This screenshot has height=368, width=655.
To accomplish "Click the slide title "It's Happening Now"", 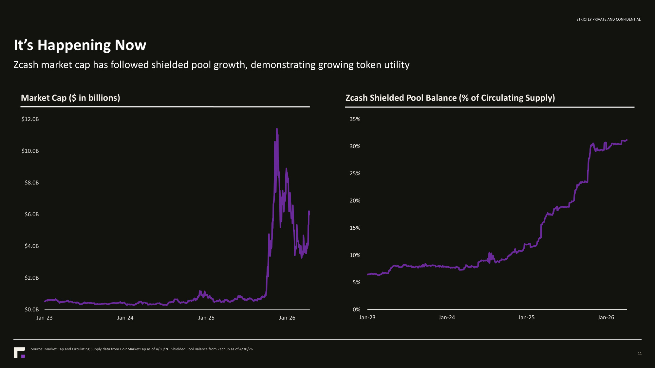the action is (80, 45).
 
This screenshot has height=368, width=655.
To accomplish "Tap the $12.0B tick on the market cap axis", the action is (30, 119).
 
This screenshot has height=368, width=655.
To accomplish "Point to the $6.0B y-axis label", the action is (32, 214).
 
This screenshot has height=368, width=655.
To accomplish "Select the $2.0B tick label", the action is (32, 278).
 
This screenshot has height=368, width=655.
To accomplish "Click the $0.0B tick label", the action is (32, 309).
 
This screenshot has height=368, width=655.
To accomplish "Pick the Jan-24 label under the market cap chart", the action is (125, 318).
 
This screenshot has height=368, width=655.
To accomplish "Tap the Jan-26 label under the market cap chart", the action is (287, 318).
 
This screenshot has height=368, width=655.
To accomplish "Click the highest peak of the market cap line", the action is (277, 129).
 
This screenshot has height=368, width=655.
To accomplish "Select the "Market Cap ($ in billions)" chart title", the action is (70, 98).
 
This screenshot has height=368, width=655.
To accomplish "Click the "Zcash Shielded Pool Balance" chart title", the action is (450, 98).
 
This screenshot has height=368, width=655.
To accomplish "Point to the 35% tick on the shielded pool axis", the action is (355, 119).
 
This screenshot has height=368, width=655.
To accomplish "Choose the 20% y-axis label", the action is (355, 201).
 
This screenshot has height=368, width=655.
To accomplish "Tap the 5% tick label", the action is (356, 282).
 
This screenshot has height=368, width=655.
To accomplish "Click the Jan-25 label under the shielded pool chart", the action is (527, 317).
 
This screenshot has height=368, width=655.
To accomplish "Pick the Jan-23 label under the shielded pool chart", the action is (367, 317).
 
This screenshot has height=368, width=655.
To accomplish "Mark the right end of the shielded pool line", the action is (627, 140).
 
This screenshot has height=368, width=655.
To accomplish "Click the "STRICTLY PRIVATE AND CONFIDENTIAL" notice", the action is (608, 19).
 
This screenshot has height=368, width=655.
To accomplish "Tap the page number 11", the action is (640, 353).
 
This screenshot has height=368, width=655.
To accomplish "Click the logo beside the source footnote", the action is (19, 353).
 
